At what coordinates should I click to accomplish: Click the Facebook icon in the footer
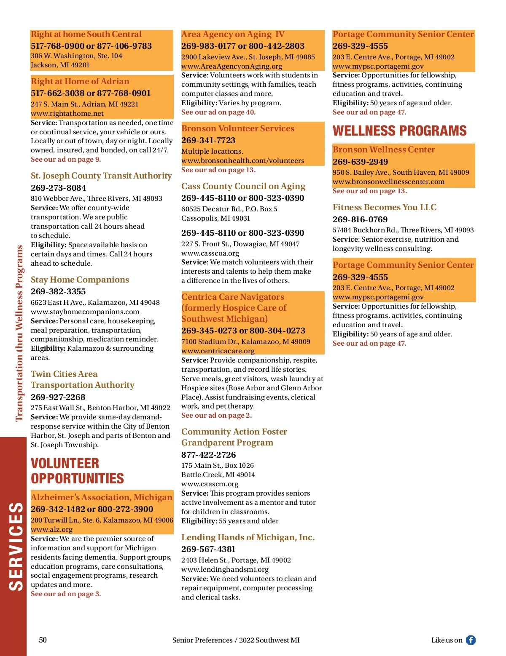point(471,640)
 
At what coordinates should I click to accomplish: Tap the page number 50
point(43,640)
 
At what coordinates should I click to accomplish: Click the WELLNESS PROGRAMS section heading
point(399,131)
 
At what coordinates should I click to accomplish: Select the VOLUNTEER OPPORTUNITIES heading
point(77,471)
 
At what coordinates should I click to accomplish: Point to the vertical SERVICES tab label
point(16,546)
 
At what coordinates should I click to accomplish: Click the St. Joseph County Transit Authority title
point(101,176)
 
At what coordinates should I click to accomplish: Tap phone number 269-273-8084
point(58,188)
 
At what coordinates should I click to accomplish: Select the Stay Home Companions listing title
point(80,280)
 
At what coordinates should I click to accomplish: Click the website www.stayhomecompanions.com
point(85,312)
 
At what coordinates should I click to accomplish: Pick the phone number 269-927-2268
point(58,397)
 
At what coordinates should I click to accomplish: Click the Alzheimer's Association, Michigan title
point(101,497)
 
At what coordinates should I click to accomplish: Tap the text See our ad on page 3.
point(66,594)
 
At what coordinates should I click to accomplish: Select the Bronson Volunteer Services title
point(238,128)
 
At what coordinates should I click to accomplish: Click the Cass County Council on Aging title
point(243,186)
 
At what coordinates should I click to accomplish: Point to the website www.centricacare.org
point(218,351)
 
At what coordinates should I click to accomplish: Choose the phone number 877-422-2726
point(208,455)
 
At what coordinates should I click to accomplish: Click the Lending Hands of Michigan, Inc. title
point(248,537)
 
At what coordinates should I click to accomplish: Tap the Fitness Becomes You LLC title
point(385,207)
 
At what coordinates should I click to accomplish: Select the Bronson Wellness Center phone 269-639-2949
point(360,162)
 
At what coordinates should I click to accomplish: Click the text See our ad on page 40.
point(218,112)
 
